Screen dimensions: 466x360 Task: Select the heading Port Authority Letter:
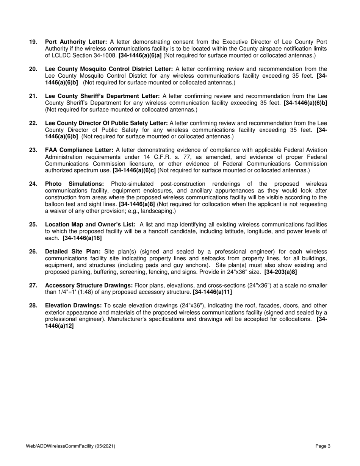pos(76,42)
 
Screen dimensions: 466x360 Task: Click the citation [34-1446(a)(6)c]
pos(134,171)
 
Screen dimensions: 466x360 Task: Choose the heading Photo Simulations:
pos(74,184)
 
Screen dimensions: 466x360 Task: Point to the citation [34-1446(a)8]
pos(137,205)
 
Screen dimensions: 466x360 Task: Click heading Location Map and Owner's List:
pos(90,225)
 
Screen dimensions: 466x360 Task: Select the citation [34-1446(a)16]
pos(82,238)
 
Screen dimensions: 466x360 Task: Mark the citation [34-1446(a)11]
pos(213,292)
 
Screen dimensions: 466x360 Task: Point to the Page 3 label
pos(323,447)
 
